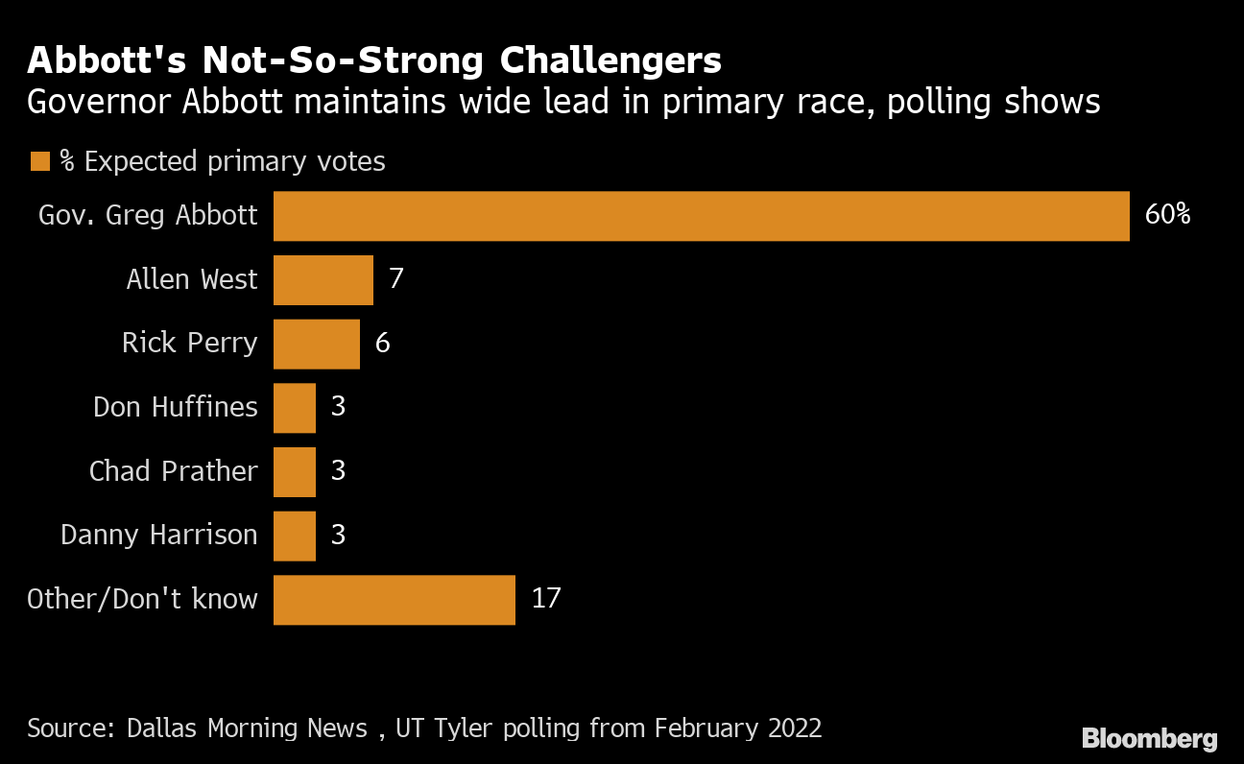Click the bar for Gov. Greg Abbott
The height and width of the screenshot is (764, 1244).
[701, 216]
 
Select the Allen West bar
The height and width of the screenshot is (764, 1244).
[323, 279]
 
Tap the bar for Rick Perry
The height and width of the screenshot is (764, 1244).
[316, 344]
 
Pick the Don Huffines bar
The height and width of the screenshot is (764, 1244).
[295, 407]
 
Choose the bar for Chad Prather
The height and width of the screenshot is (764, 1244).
[295, 471]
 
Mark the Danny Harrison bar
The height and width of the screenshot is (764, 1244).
[295, 535]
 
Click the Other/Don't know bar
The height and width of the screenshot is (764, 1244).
[394, 599]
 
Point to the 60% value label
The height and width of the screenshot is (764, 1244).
[1167, 215]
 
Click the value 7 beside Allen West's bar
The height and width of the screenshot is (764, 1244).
[396, 279]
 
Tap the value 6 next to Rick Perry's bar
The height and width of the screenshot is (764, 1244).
[382, 344]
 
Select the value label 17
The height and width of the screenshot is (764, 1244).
[545, 599]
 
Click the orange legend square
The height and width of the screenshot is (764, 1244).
[39, 161]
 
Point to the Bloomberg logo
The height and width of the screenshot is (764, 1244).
[1149, 738]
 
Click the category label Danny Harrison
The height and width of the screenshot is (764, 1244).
[159, 535]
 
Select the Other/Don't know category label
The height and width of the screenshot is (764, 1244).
[142, 599]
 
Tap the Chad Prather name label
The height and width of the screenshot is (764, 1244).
[173, 471]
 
